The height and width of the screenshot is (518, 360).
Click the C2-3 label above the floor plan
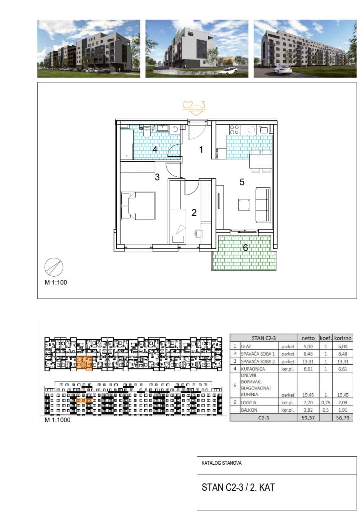point(194,105)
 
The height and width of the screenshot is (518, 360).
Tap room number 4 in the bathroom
point(155,149)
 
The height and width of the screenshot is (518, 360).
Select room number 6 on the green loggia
point(245,248)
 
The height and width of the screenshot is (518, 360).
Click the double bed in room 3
point(138,206)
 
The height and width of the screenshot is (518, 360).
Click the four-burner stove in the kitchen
point(234,130)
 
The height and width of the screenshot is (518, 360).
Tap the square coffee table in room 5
point(244,204)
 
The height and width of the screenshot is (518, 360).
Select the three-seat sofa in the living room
point(263,205)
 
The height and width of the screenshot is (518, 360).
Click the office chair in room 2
point(198,233)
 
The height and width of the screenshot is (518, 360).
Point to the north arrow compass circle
point(54,267)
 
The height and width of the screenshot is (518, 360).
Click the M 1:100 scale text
point(56,282)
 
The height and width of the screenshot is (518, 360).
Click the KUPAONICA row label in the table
point(253,369)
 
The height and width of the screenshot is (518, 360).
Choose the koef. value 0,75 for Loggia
point(326,402)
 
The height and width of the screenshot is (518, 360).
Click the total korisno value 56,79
point(343,417)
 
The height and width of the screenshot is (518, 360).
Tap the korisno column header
point(343,338)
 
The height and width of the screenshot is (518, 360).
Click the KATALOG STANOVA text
point(221,463)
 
